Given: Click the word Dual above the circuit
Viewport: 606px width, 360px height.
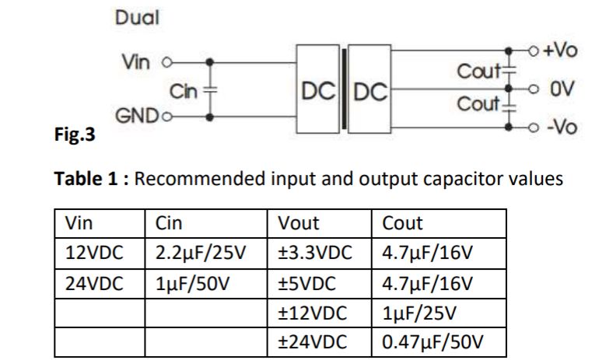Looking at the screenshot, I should click(137, 18).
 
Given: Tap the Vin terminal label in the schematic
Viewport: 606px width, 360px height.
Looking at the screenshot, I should click(136, 61).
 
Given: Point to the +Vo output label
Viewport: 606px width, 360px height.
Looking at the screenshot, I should click(560, 50).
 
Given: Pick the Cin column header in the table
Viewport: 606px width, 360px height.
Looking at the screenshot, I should click(170, 224).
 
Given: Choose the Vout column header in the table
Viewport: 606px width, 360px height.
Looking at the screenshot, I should click(299, 224).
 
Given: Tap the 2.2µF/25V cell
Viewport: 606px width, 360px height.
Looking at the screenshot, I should click(201, 253).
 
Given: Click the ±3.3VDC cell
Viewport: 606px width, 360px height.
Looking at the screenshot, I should click(315, 253).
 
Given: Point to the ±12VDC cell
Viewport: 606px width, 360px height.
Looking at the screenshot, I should click(312, 313).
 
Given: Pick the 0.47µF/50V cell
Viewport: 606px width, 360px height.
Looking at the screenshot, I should click(433, 343).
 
